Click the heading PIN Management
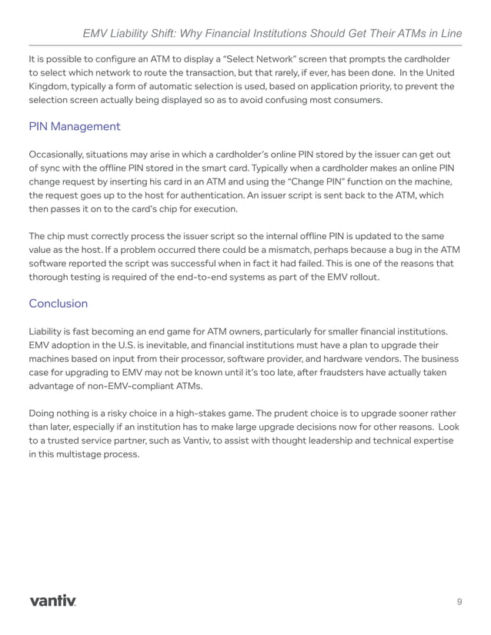74,126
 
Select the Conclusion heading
58,303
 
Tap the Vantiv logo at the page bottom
53,600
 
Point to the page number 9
459,601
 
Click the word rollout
360,278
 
